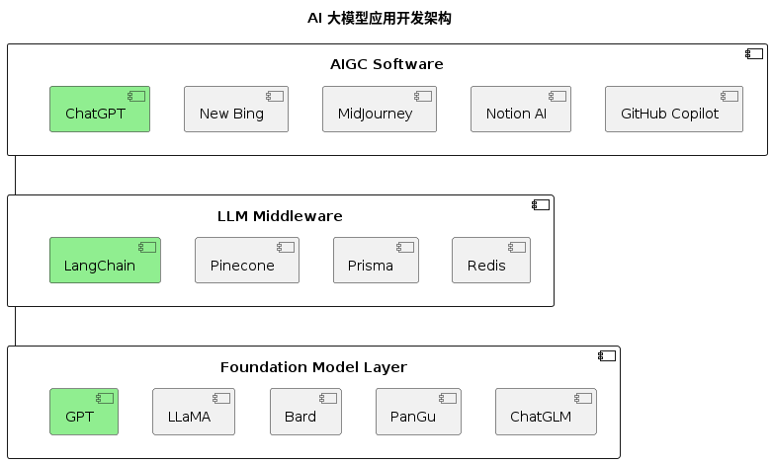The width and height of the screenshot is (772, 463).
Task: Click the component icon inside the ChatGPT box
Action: coord(136,96)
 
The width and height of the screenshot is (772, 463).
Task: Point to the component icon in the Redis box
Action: coord(517,247)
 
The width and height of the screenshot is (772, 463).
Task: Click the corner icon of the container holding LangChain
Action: coord(540,204)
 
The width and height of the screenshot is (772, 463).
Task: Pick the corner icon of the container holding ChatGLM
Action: coord(607,355)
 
